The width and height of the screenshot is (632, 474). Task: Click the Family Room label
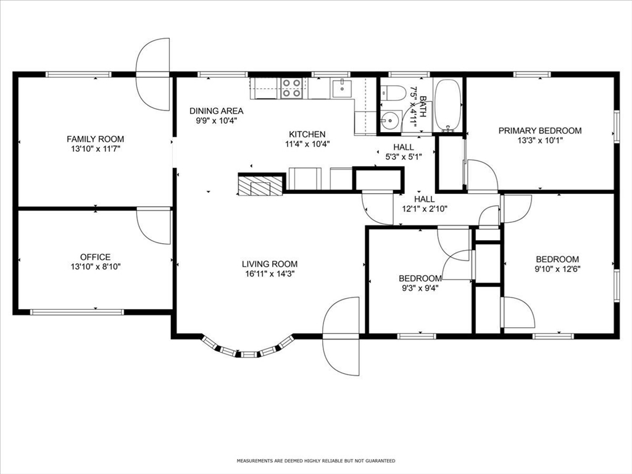click(x=95, y=139)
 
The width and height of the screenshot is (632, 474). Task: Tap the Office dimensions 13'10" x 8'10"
click(x=96, y=267)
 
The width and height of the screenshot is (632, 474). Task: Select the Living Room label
click(x=270, y=264)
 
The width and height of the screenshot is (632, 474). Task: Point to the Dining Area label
click(x=217, y=110)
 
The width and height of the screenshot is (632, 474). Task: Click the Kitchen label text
click(x=307, y=134)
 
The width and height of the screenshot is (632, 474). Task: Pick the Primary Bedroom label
click(x=540, y=131)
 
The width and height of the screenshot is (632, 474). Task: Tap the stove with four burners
click(x=292, y=88)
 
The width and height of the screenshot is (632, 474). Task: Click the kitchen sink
click(x=342, y=88)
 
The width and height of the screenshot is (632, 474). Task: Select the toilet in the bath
click(x=393, y=93)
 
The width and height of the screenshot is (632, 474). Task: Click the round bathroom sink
click(x=390, y=120)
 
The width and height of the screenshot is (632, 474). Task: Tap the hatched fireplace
click(x=261, y=185)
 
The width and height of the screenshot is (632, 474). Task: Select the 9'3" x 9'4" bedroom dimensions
click(x=418, y=288)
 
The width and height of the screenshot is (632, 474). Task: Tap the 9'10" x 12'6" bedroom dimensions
click(x=557, y=269)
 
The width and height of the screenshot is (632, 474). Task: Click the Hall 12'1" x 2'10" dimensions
click(x=425, y=209)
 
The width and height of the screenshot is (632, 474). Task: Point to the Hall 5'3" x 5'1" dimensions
click(x=404, y=157)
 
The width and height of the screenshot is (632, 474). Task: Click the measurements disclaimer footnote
click(x=316, y=460)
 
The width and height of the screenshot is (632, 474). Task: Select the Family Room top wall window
click(x=78, y=74)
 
